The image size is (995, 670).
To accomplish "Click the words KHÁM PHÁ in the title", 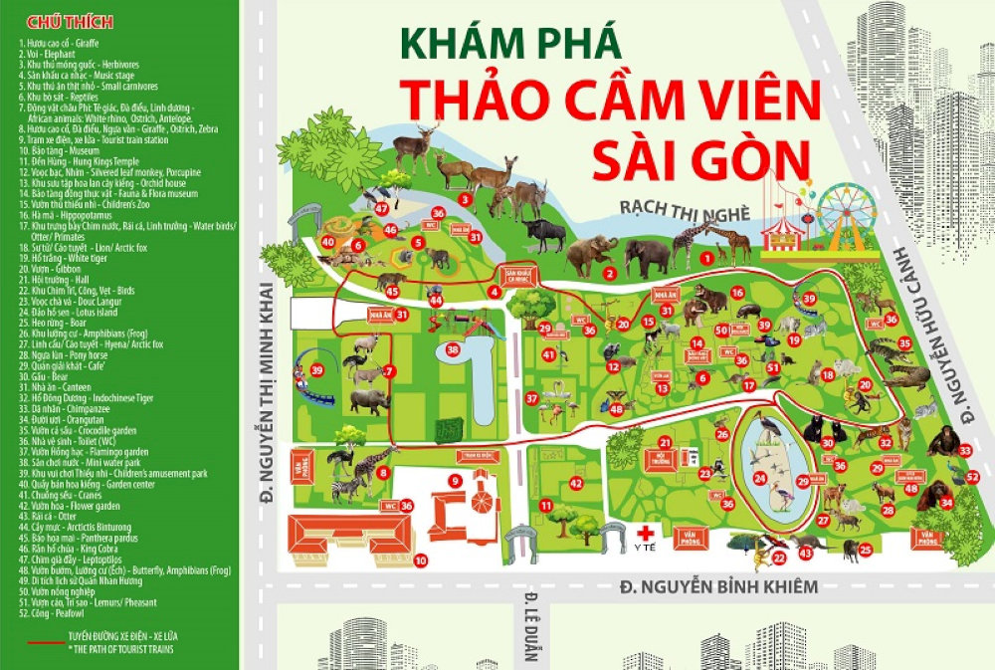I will tap(511, 44).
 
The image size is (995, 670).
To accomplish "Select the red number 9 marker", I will tap(455, 482).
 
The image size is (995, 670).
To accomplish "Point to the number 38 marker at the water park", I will tap(454, 349).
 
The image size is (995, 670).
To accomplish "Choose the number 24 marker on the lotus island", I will tap(759, 479).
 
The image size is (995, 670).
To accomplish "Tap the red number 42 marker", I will tap(576, 483).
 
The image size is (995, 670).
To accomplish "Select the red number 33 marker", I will tap(964, 451).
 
